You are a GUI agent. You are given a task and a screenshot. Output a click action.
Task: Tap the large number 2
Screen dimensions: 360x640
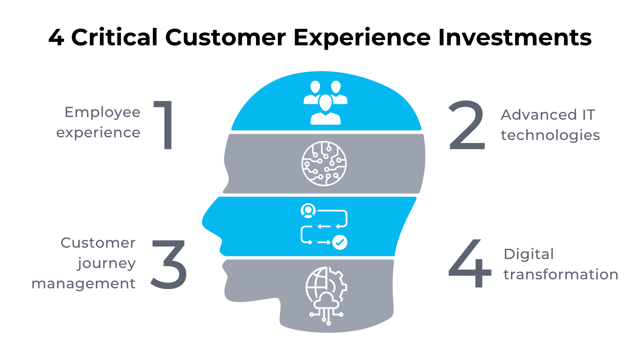[x=467, y=125]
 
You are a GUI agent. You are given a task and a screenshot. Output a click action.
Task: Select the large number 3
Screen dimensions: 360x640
[x=169, y=264]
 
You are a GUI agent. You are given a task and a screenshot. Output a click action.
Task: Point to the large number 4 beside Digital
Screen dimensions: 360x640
[x=470, y=263]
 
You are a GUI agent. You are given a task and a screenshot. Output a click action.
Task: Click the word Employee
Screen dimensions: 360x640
[x=102, y=113]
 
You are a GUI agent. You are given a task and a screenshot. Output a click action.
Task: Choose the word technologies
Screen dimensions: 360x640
[x=550, y=135]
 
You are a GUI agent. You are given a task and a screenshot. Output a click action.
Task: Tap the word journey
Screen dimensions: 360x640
[x=107, y=263]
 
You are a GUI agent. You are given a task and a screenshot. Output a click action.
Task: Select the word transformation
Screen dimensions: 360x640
[x=561, y=274]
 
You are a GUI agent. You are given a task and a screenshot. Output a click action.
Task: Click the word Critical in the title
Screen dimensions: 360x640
[x=114, y=37]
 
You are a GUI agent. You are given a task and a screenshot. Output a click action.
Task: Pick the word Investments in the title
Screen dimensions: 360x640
[x=515, y=37]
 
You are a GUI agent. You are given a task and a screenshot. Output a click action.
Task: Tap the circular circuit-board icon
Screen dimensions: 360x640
[x=324, y=163]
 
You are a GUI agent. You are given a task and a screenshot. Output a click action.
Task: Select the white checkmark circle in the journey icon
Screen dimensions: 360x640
[x=340, y=242]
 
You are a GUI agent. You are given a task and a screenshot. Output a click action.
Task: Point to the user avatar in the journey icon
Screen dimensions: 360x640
[x=308, y=211]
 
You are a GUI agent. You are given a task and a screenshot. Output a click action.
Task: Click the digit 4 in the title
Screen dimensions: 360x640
[x=56, y=37]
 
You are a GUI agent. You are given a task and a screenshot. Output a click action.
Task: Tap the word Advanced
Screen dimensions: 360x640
[x=539, y=115]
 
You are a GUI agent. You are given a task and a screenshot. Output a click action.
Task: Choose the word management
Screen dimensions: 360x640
[x=83, y=284]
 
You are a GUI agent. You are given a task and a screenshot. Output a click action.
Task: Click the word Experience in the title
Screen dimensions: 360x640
[x=362, y=37]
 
